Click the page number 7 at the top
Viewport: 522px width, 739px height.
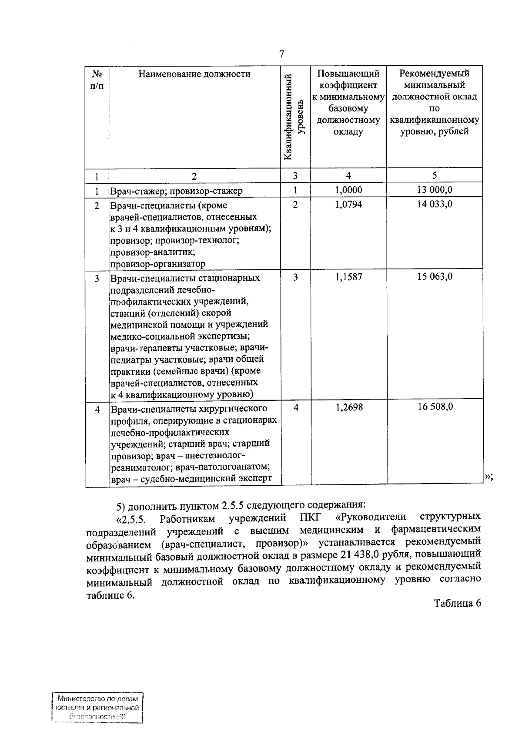click(281, 54)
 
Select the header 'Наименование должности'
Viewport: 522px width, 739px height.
click(194, 74)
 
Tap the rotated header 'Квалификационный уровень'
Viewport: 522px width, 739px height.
click(295, 117)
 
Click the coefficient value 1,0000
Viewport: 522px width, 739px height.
click(348, 190)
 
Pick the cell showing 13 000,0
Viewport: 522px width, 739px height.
click(435, 190)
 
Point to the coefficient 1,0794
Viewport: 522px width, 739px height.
click(348, 204)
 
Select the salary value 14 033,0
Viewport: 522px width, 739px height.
click(435, 204)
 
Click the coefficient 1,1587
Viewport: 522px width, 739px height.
click(348, 277)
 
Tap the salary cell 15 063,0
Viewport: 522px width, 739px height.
click(435, 277)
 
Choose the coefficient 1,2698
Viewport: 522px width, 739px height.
click(348, 407)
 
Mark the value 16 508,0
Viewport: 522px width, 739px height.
click(435, 407)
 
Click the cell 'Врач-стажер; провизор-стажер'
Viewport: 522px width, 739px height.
click(176, 191)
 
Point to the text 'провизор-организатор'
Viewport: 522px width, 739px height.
click(157, 264)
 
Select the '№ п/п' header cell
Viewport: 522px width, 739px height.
click(97, 80)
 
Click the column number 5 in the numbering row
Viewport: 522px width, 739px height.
click(435, 175)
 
